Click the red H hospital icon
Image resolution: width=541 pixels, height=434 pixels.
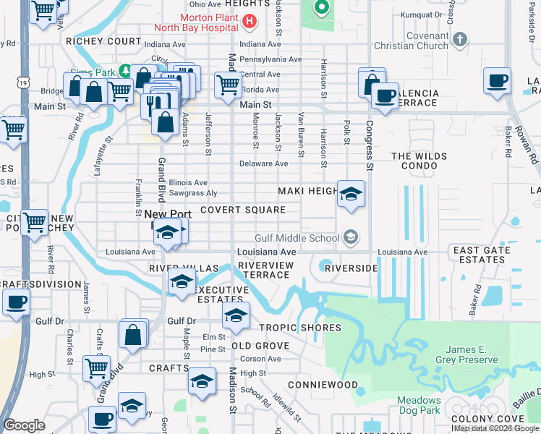coord(250,21)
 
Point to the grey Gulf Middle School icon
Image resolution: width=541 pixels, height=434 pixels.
coord(351,237)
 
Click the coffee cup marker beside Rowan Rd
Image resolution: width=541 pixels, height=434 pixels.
coord(498,81)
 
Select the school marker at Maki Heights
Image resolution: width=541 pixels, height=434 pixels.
coord(351,194)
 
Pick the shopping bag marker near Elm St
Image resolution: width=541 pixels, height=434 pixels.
coord(134,335)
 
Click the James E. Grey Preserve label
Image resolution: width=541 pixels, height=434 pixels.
coord(464,354)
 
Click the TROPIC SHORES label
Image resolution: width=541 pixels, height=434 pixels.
coord(299,328)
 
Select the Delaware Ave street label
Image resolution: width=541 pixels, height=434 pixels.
coord(264,163)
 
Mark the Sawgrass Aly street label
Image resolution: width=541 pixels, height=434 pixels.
coord(192,194)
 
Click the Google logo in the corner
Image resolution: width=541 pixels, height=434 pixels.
coord(25,425)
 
